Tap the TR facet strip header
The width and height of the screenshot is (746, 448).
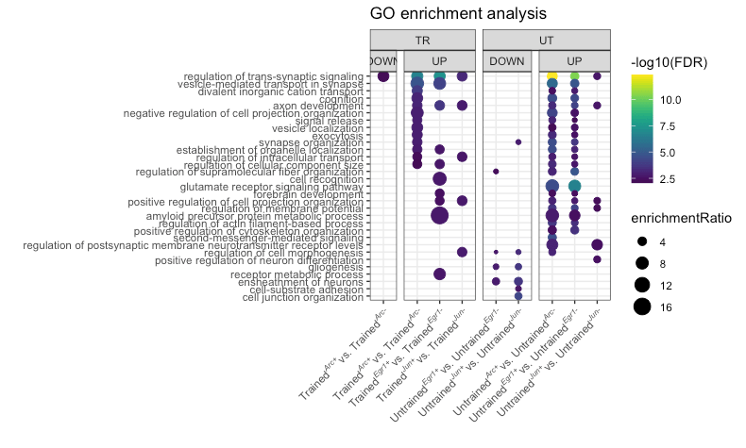click(x=422, y=40)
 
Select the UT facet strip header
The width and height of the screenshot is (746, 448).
click(x=547, y=40)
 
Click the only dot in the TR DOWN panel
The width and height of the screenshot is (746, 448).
click(x=383, y=76)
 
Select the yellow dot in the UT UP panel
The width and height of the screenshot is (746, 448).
click(x=552, y=76)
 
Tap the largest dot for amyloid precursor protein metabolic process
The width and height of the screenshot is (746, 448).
click(x=439, y=215)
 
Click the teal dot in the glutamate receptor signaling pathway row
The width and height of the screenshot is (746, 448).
click(x=574, y=186)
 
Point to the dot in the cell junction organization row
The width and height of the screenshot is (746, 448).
click(x=518, y=296)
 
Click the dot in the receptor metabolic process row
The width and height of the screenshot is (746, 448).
click(x=439, y=274)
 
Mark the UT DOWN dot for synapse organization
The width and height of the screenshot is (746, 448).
click(x=518, y=142)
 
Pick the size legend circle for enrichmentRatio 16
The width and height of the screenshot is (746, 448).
click(x=642, y=306)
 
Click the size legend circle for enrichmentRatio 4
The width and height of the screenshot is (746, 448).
click(x=642, y=241)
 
